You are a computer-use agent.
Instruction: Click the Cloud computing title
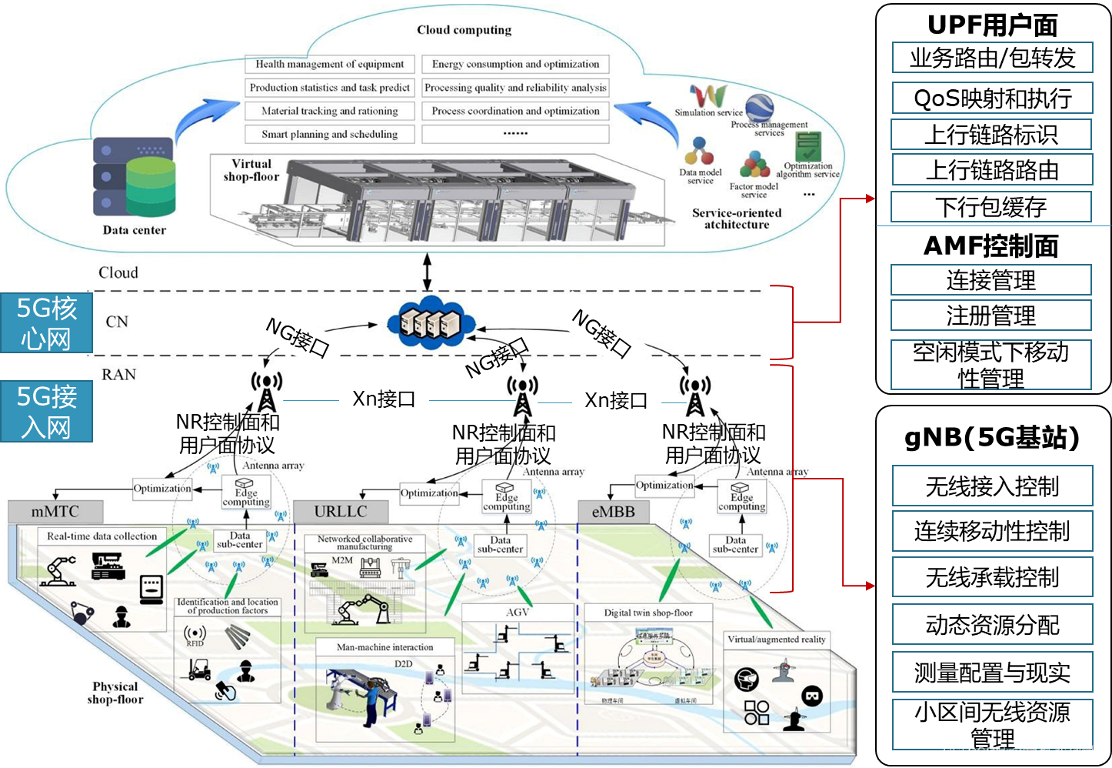[x=464, y=30]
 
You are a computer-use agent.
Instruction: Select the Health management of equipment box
[x=330, y=65]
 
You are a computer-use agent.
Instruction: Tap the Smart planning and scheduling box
[x=330, y=134]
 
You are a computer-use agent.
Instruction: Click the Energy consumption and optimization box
[x=515, y=65]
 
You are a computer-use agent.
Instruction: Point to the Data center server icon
[x=135, y=179]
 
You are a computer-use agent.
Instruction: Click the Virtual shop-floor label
[x=251, y=170]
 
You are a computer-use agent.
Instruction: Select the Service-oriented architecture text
[x=736, y=219]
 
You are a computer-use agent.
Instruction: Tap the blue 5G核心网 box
[x=46, y=323]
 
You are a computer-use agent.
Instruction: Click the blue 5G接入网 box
[x=46, y=412]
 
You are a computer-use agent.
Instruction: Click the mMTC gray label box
[x=55, y=512]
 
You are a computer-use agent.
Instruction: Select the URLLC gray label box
[x=341, y=512]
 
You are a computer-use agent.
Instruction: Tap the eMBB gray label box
[x=613, y=512]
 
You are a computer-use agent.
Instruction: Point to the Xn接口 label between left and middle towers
[x=384, y=399]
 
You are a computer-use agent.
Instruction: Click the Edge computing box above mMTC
[x=246, y=493]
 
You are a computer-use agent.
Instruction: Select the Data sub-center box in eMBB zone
[x=735, y=545]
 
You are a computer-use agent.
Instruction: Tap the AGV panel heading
[x=518, y=613]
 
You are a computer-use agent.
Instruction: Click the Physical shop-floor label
[x=115, y=693]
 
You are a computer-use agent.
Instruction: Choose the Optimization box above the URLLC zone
[x=429, y=493]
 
